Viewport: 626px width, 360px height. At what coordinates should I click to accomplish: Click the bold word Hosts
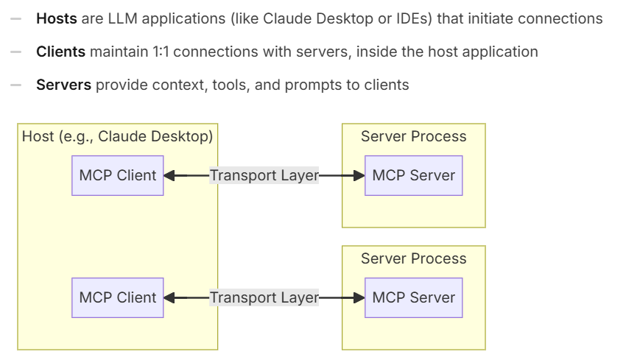click(57, 18)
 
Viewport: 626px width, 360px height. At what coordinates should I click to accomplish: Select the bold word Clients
click(60, 52)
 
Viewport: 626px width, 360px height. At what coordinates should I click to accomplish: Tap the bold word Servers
click(63, 85)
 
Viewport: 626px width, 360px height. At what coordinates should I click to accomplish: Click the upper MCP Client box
click(118, 176)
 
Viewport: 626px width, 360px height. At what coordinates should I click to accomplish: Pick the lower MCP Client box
click(118, 297)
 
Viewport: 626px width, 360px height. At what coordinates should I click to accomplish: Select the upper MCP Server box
click(414, 176)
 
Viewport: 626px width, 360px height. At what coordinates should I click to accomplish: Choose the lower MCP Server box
click(414, 297)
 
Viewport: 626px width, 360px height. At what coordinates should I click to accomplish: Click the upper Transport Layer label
click(264, 176)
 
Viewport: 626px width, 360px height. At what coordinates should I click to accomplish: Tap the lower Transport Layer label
click(264, 297)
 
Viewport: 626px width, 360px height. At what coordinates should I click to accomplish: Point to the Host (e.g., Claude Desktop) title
click(117, 136)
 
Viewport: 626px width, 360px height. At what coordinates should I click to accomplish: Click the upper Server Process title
click(414, 136)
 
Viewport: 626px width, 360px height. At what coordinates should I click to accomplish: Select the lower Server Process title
click(414, 258)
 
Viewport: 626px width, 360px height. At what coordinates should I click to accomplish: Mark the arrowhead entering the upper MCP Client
click(169, 176)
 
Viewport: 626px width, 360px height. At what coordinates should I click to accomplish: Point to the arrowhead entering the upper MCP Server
click(359, 176)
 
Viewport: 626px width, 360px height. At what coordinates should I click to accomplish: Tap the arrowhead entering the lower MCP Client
click(169, 297)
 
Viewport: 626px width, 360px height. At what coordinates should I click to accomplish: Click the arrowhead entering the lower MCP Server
click(359, 297)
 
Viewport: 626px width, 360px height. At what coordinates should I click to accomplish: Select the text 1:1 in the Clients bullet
click(161, 52)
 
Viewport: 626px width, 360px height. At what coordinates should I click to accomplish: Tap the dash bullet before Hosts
click(16, 18)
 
